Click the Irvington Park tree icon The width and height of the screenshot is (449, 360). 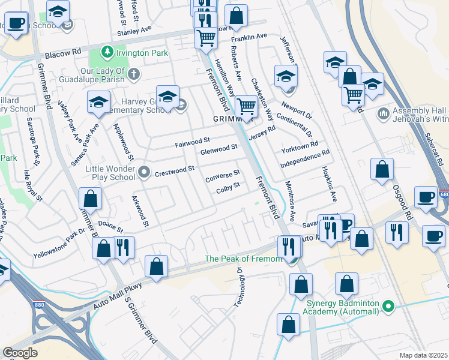pos(107,53)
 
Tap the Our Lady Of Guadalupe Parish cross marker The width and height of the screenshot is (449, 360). pos(133,75)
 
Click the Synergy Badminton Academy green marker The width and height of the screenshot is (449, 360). pos(389,307)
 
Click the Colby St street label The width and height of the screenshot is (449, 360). pos(228,188)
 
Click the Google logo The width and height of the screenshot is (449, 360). pos(20,353)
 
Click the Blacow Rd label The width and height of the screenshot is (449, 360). pos(67,52)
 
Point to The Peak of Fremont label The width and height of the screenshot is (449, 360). pos(243,259)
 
